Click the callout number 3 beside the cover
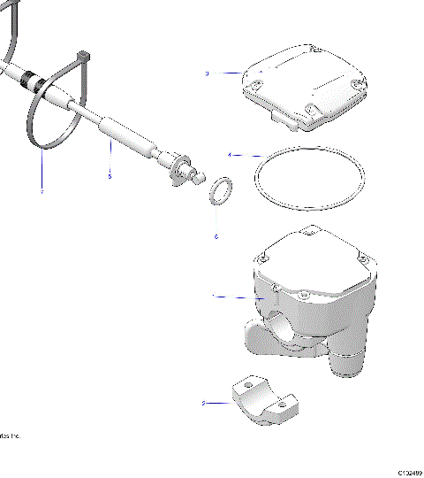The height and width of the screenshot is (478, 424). [207, 73]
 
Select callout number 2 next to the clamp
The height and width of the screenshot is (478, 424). [204, 403]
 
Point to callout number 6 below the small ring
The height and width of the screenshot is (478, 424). [216, 236]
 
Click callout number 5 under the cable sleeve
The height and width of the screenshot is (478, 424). [110, 176]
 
